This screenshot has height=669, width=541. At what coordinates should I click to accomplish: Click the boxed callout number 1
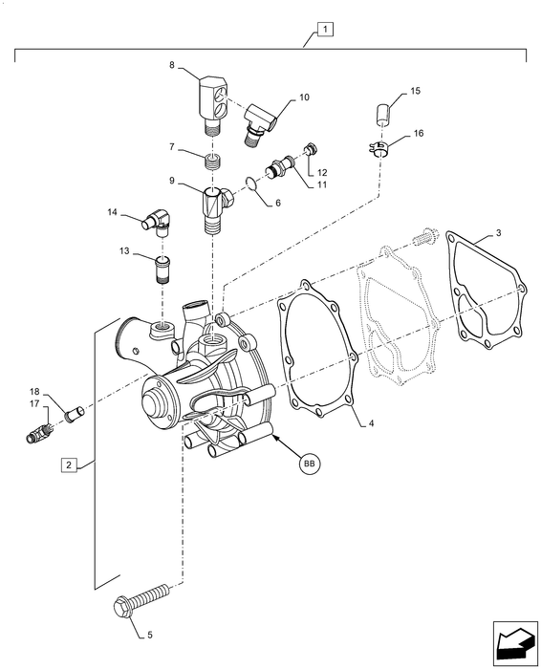[325, 30]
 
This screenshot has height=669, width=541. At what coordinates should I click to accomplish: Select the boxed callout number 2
[70, 464]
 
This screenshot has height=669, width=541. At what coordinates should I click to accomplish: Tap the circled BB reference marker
[310, 463]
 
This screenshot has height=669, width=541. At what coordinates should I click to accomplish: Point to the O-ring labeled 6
[251, 183]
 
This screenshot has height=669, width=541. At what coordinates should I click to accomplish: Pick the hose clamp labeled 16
[379, 149]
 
